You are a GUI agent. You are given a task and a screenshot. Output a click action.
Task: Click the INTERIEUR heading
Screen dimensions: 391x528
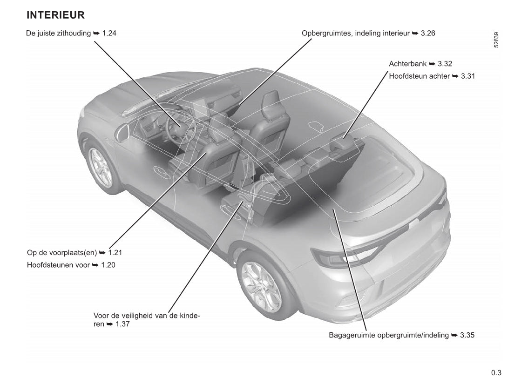click(55, 15)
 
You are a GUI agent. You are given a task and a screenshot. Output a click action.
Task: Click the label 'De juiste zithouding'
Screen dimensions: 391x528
click(59, 34)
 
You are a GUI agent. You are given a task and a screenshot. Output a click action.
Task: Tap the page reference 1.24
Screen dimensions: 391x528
click(109, 34)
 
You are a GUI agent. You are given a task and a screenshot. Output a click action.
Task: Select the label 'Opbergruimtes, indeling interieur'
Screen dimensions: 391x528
click(355, 34)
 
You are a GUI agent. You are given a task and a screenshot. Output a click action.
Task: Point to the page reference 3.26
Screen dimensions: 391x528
click(427, 34)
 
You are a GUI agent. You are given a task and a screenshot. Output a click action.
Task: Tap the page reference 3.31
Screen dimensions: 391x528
click(468, 76)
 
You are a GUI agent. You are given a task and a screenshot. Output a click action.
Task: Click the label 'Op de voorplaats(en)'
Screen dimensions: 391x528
click(62, 253)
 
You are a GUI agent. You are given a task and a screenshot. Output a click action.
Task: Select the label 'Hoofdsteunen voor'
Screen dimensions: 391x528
click(58, 265)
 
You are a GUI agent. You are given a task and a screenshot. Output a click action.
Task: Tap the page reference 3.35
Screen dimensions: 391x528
click(467, 335)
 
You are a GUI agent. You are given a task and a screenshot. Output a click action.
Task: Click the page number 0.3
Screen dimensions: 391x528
click(496, 372)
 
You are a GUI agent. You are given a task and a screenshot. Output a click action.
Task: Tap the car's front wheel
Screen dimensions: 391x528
click(101, 167)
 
